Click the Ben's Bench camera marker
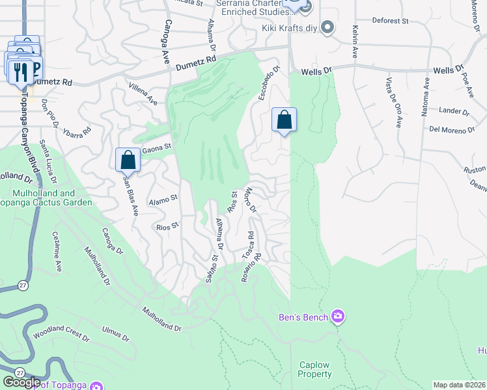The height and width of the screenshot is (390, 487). (338, 317)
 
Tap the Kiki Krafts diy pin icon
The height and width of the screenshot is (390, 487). (328, 28)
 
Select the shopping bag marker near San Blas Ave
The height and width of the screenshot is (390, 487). (128, 160)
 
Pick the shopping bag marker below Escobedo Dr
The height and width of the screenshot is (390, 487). (284, 120)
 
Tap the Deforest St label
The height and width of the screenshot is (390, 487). (390, 21)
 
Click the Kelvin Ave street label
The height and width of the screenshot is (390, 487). (355, 42)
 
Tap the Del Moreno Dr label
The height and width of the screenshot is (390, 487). (452, 129)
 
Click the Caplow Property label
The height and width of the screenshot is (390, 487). (315, 369)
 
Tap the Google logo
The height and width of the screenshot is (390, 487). (21, 382)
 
